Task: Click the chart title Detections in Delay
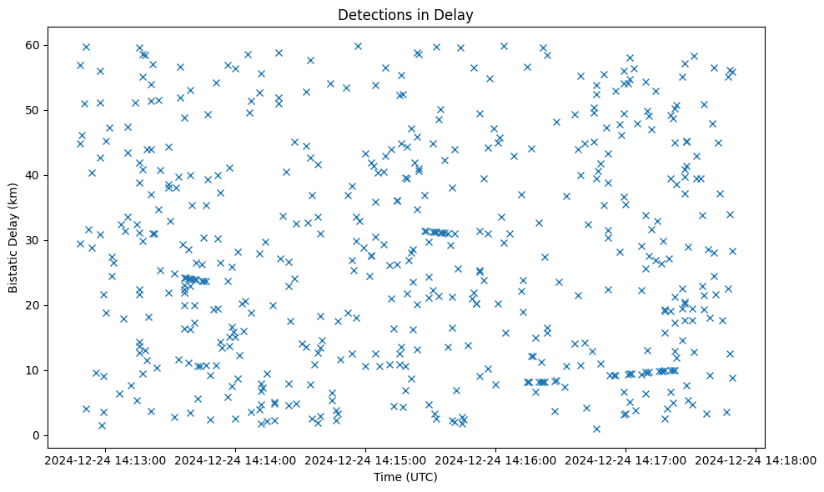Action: click(x=405, y=14)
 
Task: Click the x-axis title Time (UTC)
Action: click(x=405, y=477)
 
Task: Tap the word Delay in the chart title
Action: click(x=457, y=14)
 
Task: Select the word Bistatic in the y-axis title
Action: click(x=14, y=270)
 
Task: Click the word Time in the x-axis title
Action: click(x=387, y=477)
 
